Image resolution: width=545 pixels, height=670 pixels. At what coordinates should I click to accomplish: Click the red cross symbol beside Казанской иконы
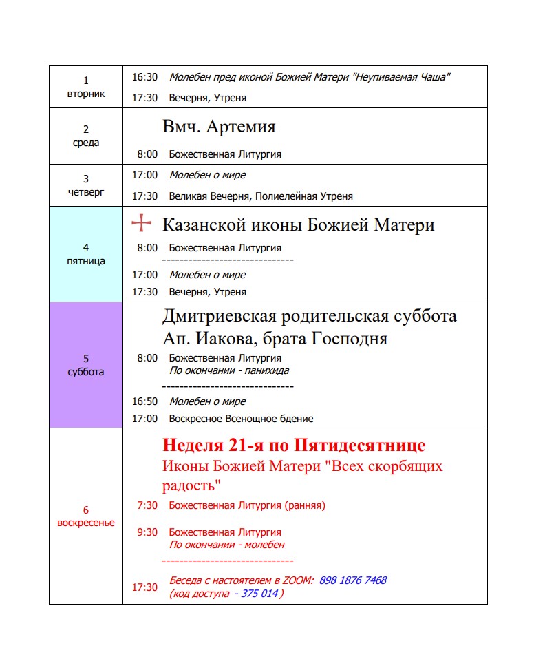coord(141,223)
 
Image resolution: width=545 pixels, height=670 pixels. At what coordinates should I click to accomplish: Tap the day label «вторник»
coord(86,94)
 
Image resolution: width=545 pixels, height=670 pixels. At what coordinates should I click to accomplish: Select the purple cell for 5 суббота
coord(86,365)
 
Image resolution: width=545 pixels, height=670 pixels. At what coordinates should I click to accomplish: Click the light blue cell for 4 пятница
coord(86,254)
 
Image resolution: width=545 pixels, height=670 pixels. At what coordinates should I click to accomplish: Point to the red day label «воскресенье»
coord(86,523)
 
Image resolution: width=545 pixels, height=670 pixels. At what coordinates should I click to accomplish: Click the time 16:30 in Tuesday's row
coord(145,77)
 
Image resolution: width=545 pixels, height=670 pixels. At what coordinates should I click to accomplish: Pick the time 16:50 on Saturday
coord(145,401)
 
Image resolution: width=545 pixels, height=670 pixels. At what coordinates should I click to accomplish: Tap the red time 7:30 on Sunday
coord(147,505)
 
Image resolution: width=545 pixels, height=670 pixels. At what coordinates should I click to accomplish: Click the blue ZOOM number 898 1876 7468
coord(352,580)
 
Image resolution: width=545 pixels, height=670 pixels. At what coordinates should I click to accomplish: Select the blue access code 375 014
coord(259,594)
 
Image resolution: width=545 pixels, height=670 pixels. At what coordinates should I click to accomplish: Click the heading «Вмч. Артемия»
coord(219,127)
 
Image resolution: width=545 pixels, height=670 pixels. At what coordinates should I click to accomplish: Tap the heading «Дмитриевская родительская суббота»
coord(309,317)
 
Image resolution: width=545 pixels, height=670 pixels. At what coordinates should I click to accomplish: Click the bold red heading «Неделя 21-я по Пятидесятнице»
coord(294,445)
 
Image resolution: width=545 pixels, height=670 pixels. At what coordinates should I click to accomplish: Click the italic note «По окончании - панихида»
coord(228,370)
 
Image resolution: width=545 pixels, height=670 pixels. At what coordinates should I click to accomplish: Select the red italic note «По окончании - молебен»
coord(226,545)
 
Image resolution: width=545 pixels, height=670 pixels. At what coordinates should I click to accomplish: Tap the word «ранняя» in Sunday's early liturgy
coord(303,505)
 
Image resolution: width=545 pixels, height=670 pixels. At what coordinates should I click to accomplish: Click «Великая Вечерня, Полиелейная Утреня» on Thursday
coord(261,196)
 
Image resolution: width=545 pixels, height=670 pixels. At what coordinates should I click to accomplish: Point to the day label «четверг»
coord(86,192)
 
